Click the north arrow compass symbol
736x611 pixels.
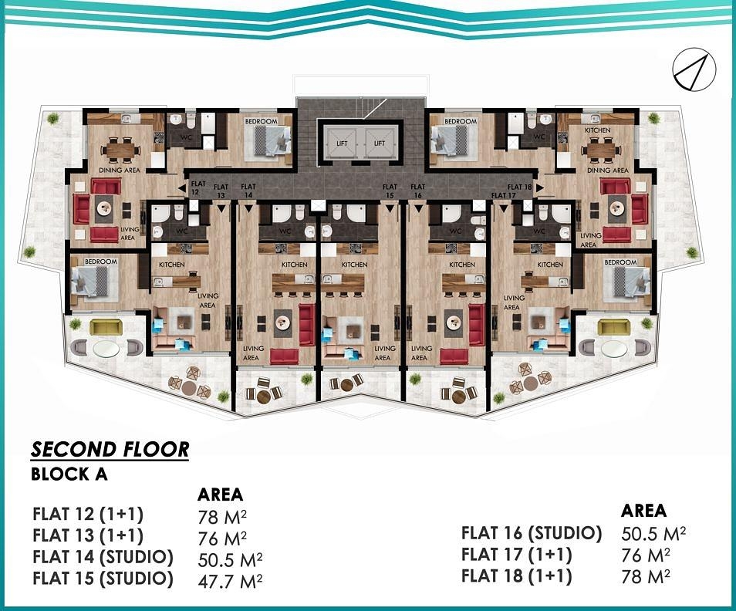coord(694,70)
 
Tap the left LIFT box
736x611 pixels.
coord(343,143)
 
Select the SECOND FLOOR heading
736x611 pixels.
coord(110,450)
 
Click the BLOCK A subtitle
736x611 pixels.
coord(69,474)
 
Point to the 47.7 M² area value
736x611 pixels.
coord(230,581)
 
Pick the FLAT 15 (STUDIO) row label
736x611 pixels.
coord(103,578)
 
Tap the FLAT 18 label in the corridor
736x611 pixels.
coord(520,187)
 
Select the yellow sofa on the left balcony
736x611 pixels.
coord(106,327)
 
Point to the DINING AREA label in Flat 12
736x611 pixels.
coord(120,170)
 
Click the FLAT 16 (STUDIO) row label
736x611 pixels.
coord(532,533)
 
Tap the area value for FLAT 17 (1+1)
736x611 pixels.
coord(646,555)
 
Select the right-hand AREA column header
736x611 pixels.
coord(643,511)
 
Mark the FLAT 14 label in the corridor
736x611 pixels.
coord(248,191)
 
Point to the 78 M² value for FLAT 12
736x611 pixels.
coord(222,517)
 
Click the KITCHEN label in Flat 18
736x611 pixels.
coord(598,130)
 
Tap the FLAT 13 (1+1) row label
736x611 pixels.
coord(88,535)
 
